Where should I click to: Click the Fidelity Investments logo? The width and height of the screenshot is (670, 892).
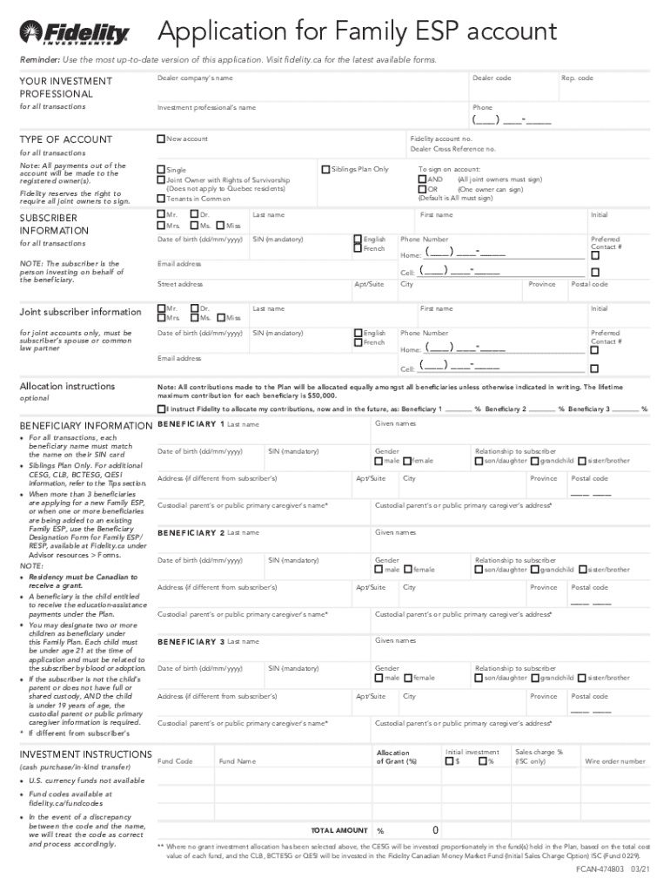[75, 34]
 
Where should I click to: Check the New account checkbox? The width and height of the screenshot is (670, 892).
[161, 139]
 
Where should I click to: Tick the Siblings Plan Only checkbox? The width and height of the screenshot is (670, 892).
[326, 169]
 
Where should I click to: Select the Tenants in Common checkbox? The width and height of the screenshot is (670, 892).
[161, 199]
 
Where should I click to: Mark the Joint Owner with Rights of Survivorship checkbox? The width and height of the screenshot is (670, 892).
[161, 179]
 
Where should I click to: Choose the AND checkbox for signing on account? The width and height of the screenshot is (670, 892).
[422, 179]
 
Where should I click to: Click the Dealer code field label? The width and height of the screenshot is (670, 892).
[492, 78]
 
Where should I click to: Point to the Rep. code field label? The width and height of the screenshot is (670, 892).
[577, 78]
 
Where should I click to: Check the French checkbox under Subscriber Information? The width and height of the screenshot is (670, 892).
[358, 248]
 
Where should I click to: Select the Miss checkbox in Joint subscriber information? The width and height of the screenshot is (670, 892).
[221, 318]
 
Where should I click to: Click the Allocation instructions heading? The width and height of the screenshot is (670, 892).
[67, 386]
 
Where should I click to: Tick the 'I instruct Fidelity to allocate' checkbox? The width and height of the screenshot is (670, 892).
[161, 409]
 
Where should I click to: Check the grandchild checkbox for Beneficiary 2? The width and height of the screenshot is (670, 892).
[535, 570]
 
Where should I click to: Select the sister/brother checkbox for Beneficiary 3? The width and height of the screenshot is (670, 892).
[583, 678]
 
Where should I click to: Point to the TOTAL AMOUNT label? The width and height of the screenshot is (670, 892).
[339, 830]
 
